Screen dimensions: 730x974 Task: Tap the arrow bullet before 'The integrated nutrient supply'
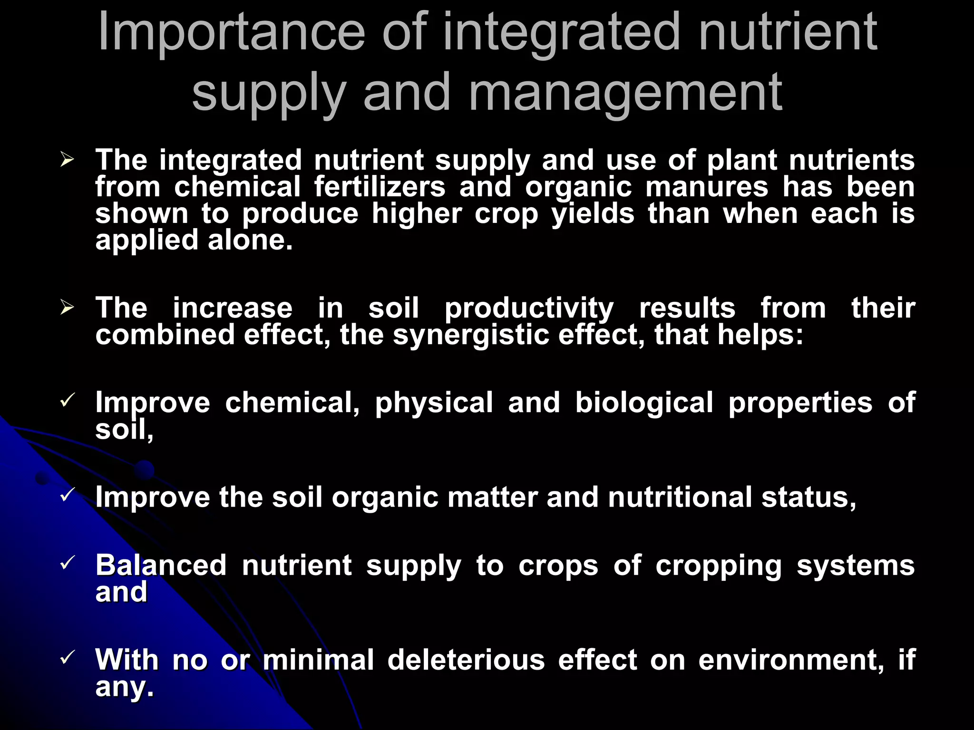pos(67,160)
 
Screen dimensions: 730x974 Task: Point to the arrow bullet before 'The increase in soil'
pos(67,308)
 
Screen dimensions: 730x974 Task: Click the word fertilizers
pos(380,186)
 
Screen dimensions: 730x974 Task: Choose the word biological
pos(644,403)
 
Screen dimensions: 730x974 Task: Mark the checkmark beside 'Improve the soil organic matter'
pos(67,494)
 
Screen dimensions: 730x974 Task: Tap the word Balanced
pos(161,566)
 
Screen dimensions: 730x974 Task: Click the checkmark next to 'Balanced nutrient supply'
pos(67,563)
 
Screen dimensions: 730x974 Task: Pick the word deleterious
pos(466,660)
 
